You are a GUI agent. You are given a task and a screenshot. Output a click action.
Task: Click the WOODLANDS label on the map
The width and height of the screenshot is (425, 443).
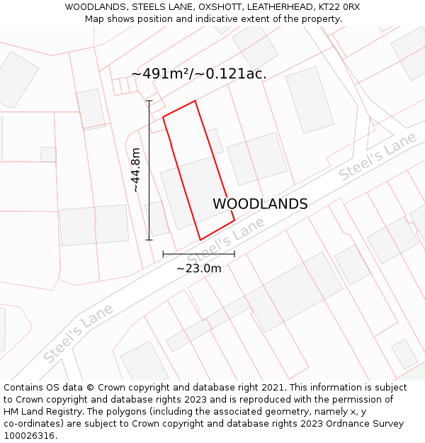(260, 204)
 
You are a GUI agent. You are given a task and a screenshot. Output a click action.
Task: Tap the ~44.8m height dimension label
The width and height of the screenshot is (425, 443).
(136, 170)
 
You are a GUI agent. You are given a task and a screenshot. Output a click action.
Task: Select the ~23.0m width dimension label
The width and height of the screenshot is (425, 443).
(198, 269)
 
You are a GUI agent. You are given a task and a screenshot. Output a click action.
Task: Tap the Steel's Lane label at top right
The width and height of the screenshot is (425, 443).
(377, 157)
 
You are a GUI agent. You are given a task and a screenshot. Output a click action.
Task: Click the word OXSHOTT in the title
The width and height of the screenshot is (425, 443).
(222, 7)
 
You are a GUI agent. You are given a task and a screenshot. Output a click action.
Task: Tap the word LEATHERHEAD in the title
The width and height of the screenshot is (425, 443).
(278, 7)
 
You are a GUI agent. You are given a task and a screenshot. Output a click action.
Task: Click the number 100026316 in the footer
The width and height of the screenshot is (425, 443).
(29, 436)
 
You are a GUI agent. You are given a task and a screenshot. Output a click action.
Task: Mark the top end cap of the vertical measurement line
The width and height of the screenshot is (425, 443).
(149, 101)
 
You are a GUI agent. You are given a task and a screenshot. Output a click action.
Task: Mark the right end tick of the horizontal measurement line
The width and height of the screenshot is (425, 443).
(234, 254)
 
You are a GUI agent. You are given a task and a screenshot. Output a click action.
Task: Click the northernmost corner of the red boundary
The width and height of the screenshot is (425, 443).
(195, 101)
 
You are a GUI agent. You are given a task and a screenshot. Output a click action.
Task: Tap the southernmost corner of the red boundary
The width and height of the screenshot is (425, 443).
(200, 240)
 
